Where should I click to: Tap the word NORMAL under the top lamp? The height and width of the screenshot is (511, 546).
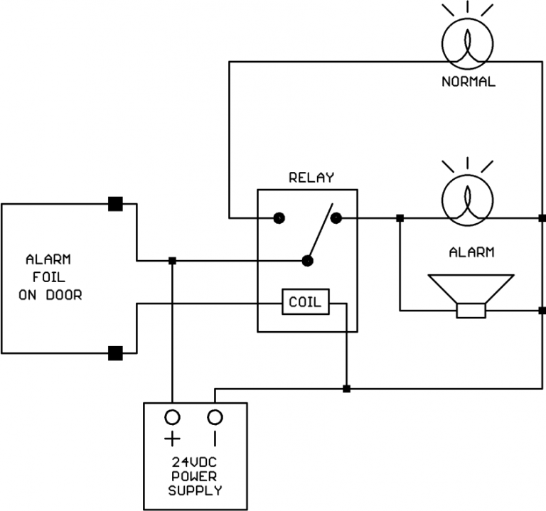tap(468, 82)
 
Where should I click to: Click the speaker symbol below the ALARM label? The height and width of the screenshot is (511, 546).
tap(470, 294)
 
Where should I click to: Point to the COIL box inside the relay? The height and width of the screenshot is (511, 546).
tap(305, 303)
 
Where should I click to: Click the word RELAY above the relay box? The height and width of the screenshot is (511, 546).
tap(311, 178)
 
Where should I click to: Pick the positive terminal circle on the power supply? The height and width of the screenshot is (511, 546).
tap(172, 416)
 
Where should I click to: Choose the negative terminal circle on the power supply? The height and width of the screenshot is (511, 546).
tap(215, 416)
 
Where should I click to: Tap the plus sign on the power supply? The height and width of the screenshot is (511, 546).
tap(172, 439)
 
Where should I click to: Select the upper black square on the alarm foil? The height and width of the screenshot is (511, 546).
tap(116, 204)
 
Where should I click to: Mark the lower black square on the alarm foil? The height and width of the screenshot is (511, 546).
tap(116, 352)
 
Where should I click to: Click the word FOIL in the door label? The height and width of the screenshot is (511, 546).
tap(50, 276)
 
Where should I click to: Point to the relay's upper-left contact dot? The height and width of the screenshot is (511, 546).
tap(279, 217)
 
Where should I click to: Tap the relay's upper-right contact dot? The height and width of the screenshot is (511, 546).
tap(336, 217)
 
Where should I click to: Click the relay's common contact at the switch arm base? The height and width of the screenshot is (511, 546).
tap(308, 261)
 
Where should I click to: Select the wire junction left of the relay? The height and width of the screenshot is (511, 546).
tap(172, 261)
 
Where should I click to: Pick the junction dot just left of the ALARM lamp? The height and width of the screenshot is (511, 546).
tap(400, 217)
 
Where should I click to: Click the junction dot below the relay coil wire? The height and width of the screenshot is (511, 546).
tap(346, 389)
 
